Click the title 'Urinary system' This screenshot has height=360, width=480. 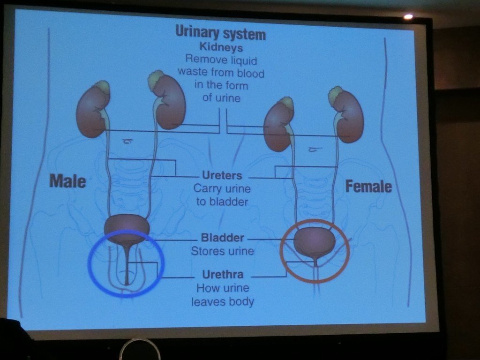[220, 34]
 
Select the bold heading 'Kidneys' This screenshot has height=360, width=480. [221, 47]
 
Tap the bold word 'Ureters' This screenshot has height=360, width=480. [222, 176]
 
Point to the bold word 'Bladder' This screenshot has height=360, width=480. [223, 238]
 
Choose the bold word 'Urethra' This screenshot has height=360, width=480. [223, 274]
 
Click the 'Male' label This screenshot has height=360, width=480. [67, 180]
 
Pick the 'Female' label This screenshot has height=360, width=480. [368, 187]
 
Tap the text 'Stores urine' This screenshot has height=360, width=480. [222, 251]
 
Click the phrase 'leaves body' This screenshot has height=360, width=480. [223, 301]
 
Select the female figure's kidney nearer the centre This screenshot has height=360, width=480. [278, 126]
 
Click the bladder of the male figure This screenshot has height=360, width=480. [127, 229]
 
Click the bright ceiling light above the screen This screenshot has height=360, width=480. [408, 16]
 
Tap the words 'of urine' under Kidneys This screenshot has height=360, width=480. [221, 98]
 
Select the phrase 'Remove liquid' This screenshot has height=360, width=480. [221, 60]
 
